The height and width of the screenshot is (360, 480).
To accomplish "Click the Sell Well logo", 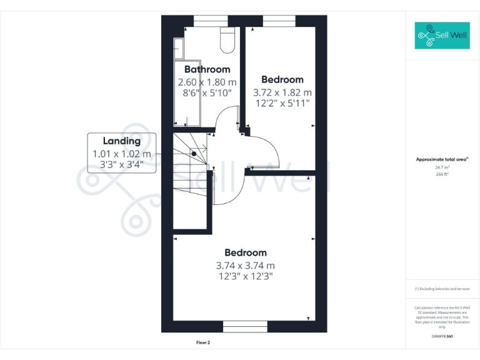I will (442, 36).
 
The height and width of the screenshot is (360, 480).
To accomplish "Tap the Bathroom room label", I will (207, 69).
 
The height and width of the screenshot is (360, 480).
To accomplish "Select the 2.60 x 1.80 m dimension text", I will (207, 82).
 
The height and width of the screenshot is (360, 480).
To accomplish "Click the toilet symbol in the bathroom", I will (227, 40).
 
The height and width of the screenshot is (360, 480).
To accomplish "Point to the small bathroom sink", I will (179, 47).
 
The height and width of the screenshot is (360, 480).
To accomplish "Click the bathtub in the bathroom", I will (187, 94).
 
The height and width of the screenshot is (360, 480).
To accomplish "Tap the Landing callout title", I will (121, 141).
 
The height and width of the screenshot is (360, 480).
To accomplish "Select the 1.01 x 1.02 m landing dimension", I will (121, 154).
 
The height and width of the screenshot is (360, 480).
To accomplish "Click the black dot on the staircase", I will (194, 153).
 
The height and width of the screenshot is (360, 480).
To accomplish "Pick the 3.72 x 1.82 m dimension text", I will (282, 92).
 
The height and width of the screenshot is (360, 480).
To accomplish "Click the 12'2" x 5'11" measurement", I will (282, 104).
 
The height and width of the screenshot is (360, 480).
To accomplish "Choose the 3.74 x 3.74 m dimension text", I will (245, 264).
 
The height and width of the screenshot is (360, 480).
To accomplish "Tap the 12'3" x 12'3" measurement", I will (245, 276).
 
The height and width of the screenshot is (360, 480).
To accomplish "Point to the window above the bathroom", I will (210, 22).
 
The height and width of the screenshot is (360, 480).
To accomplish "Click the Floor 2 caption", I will (202, 342).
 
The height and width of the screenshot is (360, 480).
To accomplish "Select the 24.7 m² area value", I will (442, 167).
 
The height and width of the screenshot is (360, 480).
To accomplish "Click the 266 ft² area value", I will (442, 174).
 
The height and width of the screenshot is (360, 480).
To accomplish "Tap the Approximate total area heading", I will (441, 159).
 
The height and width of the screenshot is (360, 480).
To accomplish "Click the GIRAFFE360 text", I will (442, 337).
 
